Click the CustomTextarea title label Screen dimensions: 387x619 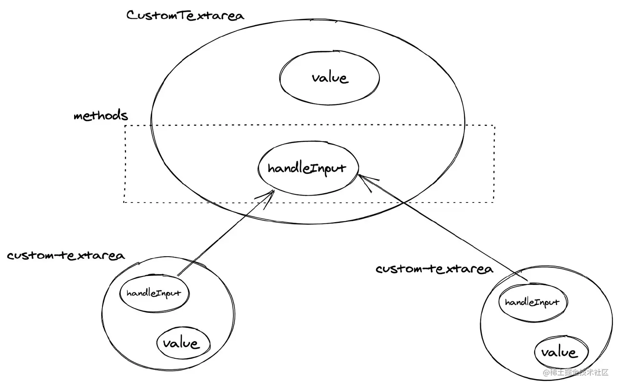pos(185,16)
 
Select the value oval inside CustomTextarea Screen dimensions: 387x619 pos(330,77)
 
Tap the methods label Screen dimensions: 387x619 pos(101,116)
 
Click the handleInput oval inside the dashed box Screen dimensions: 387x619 pos(308,168)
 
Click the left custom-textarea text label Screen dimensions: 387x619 pos(66,256)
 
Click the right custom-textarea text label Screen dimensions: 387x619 pos(434,269)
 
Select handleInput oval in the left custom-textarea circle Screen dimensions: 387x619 pos(154,293)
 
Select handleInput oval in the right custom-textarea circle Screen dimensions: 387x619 pos(532,303)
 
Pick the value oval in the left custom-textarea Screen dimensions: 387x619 pos(183,343)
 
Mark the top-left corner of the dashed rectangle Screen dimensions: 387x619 pos(125,126)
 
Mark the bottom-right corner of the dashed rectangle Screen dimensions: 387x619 pos(494,202)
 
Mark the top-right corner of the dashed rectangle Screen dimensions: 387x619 pos(495,126)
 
